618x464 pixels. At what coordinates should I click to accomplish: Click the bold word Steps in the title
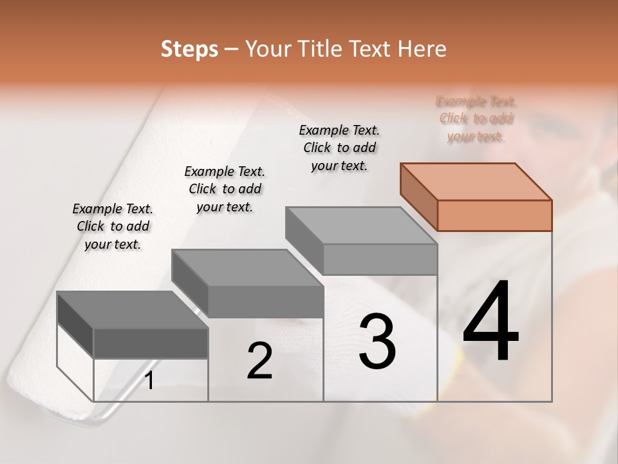[189, 49]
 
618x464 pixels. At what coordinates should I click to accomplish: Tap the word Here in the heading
[423, 49]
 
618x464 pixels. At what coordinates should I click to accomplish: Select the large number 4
[491, 322]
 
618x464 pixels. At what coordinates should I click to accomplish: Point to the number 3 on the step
[377, 342]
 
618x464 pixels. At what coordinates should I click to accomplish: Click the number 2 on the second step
[260, 362]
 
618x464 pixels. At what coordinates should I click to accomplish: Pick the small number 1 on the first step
[149, 381]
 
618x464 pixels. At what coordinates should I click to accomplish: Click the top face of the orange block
[476, 182]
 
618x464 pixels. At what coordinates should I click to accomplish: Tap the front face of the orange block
[494, 215]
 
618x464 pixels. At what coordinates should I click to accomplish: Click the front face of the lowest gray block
[151, 343]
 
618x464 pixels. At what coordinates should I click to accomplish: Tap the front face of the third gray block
[380, 259]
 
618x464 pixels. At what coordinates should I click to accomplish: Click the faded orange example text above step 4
[476, 119]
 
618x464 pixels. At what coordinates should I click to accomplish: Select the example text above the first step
[113, 226]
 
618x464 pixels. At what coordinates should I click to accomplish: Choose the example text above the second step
[225, 189]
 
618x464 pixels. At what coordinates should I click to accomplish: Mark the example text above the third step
[339, 148]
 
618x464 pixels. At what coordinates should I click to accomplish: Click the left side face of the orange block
[418, 197]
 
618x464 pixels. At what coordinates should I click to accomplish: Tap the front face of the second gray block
[265, 302]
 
